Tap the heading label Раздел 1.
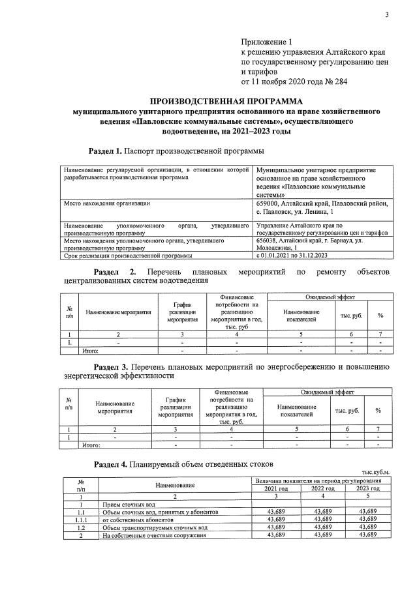point(105,151)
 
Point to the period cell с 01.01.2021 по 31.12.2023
point(296,255)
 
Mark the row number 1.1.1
point(80,520)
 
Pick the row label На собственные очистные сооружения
point(154,535)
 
